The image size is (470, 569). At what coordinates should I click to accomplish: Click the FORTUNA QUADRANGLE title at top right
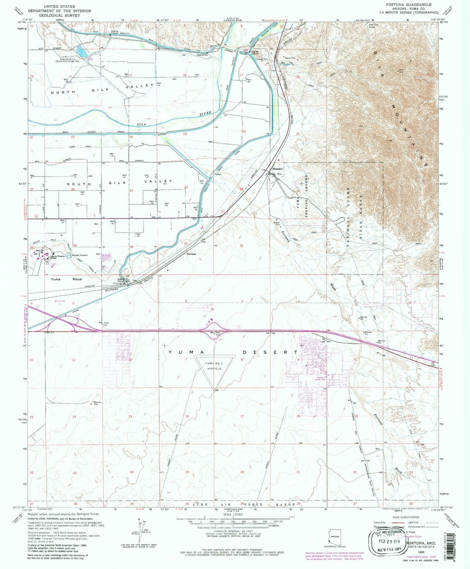click(x=409, y=5)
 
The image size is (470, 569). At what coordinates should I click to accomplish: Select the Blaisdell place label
click(x=278, y=169)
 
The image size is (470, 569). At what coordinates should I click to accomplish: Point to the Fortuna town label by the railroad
click(x=191, y=254)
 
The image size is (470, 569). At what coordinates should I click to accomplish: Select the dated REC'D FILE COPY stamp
click(x=388, y=542)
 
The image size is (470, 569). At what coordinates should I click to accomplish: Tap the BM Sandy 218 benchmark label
click(x=103, y=324)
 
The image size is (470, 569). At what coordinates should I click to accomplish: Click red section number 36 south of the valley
click(x=131, y=247)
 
